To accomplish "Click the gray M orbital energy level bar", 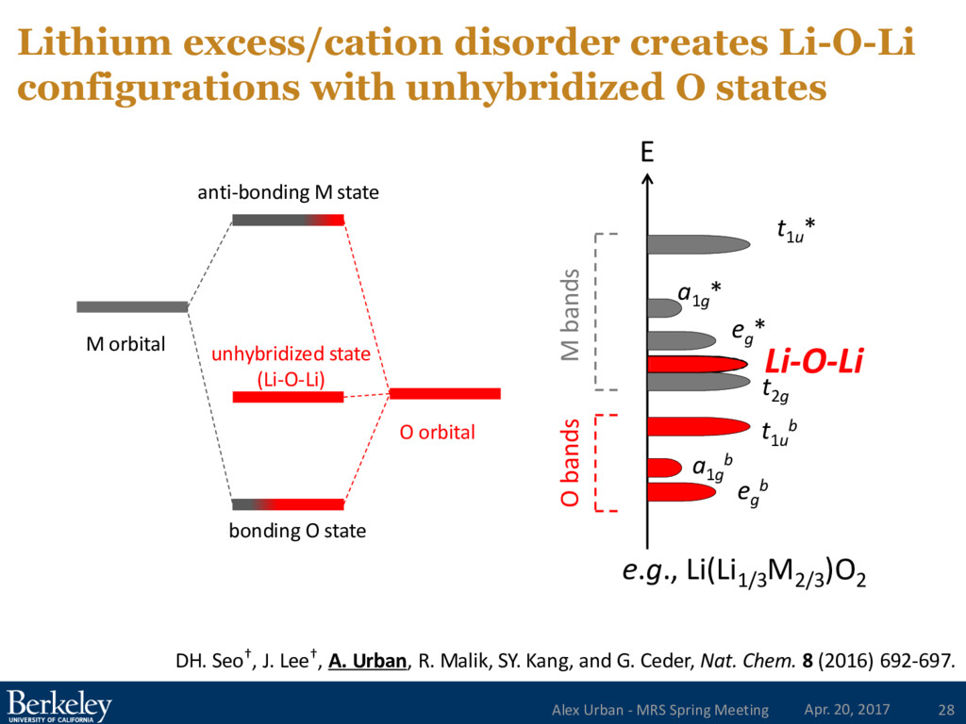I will (x=132, y=306).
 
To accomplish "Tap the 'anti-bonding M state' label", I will (x=288, y=193).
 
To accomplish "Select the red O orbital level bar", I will (x=444, y=393).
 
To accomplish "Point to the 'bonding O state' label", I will (x=297, y=531).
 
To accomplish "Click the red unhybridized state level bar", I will (x=288, y=397).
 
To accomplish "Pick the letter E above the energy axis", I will (x=646, y=153).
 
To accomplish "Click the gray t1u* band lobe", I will (x=698, y=244).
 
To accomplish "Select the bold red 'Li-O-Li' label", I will (x=814, y=361).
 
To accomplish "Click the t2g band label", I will (x=775, y=387).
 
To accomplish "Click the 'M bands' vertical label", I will (x=569, y=314).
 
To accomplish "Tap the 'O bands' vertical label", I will (x=569, y=463).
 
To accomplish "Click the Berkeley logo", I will (x=59, y=705).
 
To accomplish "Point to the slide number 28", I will (x=944, y=709).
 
